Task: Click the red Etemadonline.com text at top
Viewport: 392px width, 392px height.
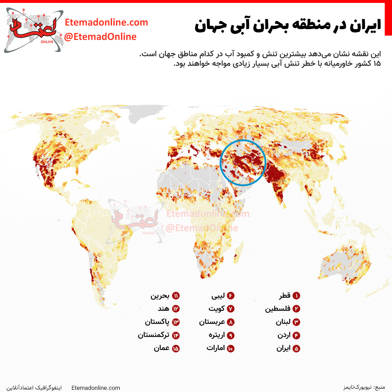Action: click(x=106, y=23)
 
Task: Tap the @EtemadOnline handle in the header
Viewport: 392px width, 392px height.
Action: click(x=100, y=37)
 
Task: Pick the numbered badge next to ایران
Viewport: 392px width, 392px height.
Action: click(x=296, y=348)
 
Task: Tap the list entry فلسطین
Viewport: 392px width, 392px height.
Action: click(x=278, y=309)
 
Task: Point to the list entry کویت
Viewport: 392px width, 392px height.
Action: click(x=217, y=309)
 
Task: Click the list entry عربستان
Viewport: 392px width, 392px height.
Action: click(x=212, y=322)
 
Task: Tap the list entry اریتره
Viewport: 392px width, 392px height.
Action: click(x=217, y=335)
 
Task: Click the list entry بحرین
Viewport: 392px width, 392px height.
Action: click(x=160, y=296)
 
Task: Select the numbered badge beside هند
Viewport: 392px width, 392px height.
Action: click(x=176, y=309)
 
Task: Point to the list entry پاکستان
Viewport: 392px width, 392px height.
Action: click(x=157, y=322)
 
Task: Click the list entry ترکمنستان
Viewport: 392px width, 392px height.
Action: click(x=154, y=335)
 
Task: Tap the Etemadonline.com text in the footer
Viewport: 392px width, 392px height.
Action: click(x=96, y=388)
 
